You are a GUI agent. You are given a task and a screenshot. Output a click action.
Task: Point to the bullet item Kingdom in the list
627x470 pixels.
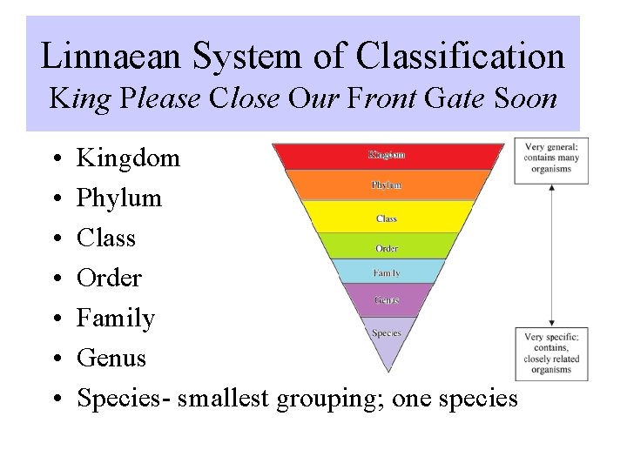tap(128, 158)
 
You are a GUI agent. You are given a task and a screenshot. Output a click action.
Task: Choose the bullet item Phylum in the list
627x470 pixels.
tap(119, 198)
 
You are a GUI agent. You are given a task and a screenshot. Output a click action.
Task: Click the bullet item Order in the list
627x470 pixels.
tap(109, 279)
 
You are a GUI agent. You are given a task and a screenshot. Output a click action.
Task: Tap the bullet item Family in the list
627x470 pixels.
tap(116, 319)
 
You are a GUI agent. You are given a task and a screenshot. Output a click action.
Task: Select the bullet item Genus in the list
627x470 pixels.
tap(111, 358)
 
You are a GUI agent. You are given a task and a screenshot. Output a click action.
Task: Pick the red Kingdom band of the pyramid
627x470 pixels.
tap(388, 156)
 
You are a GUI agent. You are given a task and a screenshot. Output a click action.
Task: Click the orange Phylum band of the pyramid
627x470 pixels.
tap(388, 185)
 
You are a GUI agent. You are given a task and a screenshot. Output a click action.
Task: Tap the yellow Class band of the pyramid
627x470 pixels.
tap(388, 217)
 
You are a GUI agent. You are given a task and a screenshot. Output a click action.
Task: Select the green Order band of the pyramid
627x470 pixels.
tap(388, 246)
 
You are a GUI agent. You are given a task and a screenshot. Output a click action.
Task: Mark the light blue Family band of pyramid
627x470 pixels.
tap(388, 272)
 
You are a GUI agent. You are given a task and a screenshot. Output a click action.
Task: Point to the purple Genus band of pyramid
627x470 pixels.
tap(388, 300)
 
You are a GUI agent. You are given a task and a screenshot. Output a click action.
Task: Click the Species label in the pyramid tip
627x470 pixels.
tap(387, 333)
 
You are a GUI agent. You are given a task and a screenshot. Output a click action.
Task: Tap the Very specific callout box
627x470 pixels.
tap(551, 353)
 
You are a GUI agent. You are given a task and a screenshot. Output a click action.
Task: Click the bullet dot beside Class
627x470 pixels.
tap(56, 238)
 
